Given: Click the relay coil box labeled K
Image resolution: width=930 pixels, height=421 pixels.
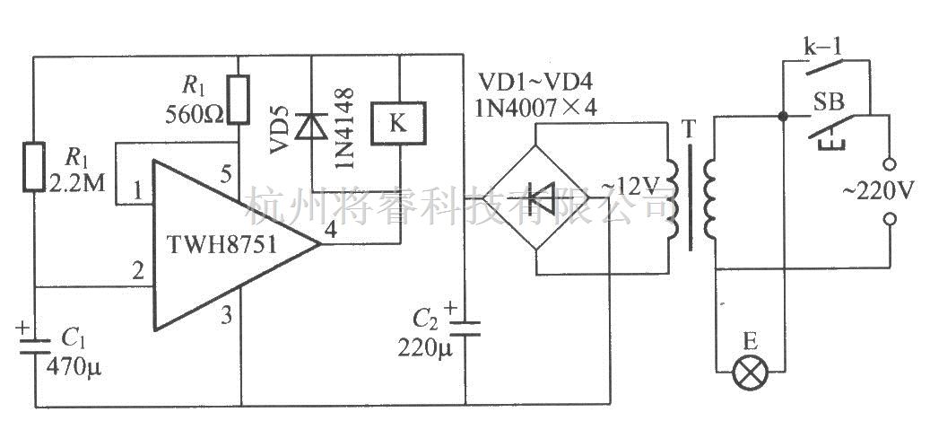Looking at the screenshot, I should (x=398, y=123).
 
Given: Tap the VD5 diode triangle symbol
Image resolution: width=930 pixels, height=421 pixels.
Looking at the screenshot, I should (x=309, y=126).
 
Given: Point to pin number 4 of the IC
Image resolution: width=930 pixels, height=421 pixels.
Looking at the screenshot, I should (x=330, y=231).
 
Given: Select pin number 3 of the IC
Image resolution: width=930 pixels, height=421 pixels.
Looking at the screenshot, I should (x=227, y=314).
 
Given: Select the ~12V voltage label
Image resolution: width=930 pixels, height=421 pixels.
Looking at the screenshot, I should (x=630, y=186).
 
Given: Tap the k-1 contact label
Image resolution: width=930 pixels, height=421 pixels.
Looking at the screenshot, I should (x=820, y=43).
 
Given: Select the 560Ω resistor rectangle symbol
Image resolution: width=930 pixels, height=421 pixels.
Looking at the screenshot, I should (x=238, y=99).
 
